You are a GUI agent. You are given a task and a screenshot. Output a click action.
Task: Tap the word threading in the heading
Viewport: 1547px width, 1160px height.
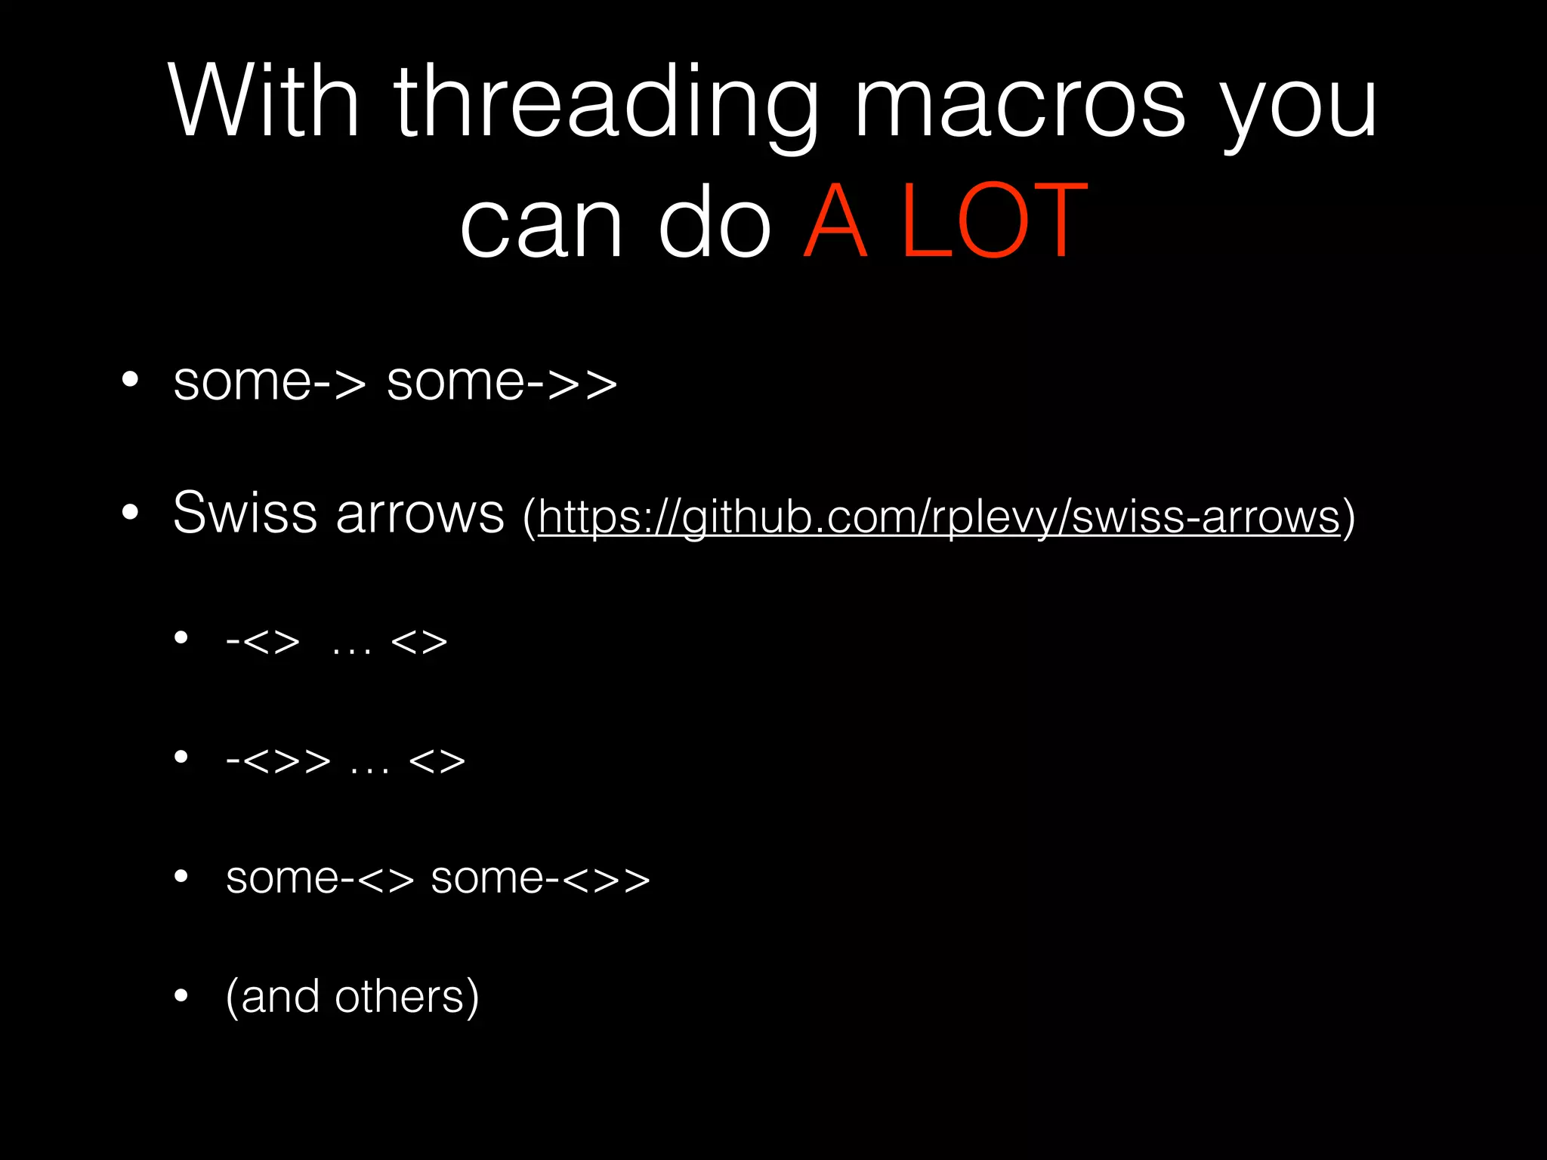click(x=604, y=106)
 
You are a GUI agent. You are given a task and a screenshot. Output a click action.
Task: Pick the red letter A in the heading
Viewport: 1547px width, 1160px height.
click(x=835, y=221)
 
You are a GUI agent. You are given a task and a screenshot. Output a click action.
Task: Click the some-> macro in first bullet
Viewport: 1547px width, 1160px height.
click(x=270, y=382)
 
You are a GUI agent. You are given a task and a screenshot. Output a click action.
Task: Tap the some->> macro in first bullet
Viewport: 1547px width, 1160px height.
click(x=502, y=382)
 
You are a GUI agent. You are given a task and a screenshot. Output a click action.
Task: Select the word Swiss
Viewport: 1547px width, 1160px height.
click(x=245, y=513)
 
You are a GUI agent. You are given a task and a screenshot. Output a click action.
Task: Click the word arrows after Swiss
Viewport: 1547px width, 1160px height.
click(x=419, y=514)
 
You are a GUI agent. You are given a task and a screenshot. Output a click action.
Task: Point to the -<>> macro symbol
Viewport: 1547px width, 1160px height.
click(x=278, y=760)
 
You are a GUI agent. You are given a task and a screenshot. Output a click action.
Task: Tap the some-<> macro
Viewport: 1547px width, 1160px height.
click(x=320, y=878)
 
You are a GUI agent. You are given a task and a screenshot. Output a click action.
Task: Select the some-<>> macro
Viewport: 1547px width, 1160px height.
click(x=540, y=878)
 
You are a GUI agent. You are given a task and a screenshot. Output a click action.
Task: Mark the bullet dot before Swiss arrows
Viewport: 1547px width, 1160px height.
click(x=131, y=513)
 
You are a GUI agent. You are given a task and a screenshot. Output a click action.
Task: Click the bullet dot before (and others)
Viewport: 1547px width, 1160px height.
click(x=181, y=996)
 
